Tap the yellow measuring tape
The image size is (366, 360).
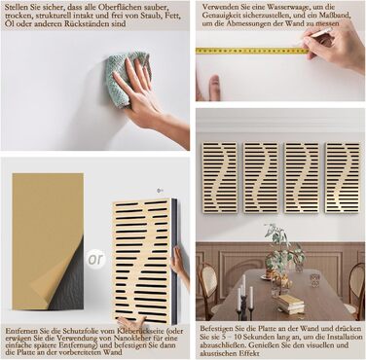click(x=252, y=51)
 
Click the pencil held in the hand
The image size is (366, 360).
click(x=314, y=36)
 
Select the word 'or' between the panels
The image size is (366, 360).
click(x=95, y=259)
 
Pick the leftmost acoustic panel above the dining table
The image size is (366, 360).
click(x=220, y=177)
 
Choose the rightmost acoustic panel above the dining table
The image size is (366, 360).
click(x=343, y=177)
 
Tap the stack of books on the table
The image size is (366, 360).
click(x=291, y=305)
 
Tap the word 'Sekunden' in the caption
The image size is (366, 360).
click(x=244, y=338)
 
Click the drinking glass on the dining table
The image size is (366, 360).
click(x=314, y=280)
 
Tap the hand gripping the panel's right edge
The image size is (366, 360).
click(x=178, y=260)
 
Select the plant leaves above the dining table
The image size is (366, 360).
click(x=281, y=246)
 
